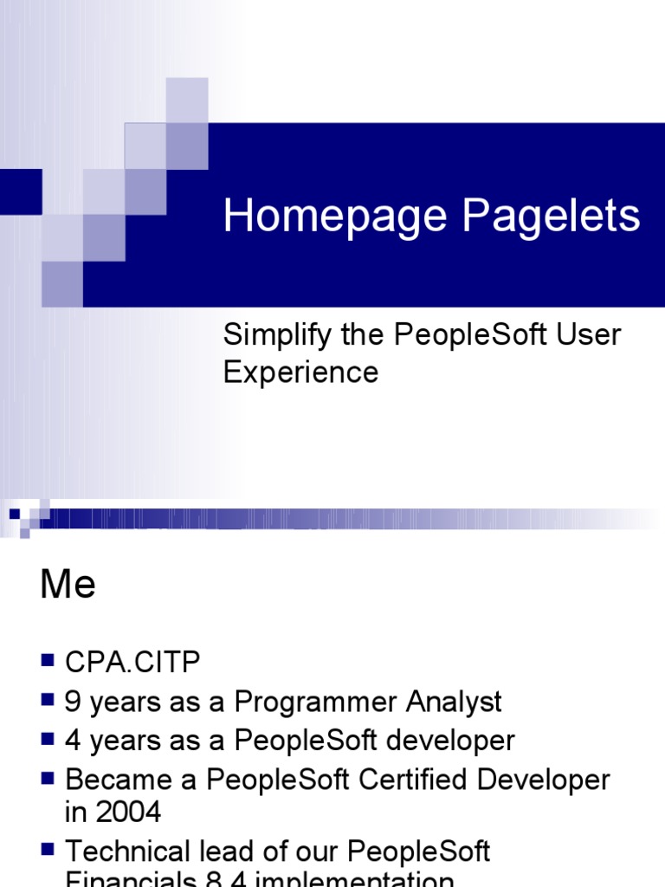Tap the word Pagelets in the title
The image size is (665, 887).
(551, 217)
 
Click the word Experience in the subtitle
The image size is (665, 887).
(300, 372)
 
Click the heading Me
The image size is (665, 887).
(68, 586)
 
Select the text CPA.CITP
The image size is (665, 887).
(132, 664)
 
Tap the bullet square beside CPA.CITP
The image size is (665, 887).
(48, 662)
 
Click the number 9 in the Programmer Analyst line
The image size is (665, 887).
(74, 702)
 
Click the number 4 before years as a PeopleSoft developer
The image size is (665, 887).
(74, 741)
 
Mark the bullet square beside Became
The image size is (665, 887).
(48, 779)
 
